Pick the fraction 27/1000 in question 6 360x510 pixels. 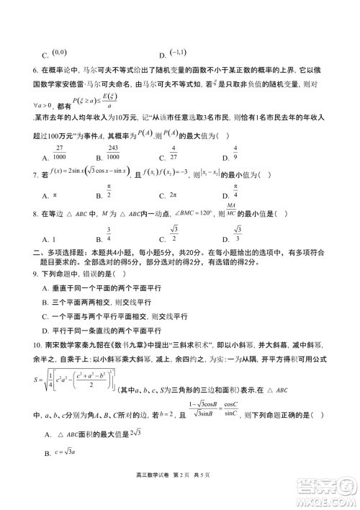point(58,153)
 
